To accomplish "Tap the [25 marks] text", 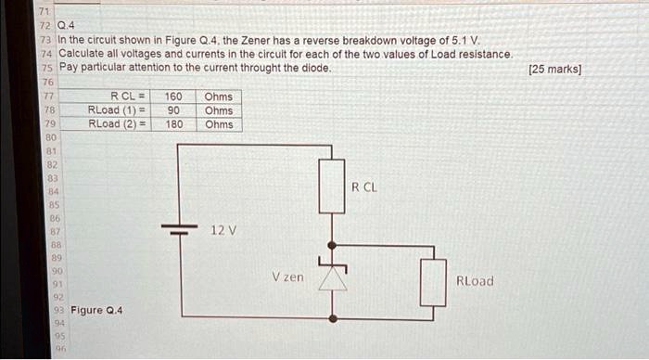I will (x=554, y=69).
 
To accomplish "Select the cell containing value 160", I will (x=173, y=96).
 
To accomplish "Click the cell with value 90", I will (x=173, y=110).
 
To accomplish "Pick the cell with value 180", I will (x=173, y=124).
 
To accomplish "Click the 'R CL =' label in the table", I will (x=129, y=96).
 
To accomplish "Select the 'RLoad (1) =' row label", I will (x=118, y=110).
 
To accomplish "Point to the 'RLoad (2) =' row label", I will (x=118, y=124).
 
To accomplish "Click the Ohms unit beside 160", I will (x=219, y=96).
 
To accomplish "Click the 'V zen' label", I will (x=287, y=277).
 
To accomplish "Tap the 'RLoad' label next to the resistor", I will (x=475, y=281).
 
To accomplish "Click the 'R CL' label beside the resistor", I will (x=364, y=187).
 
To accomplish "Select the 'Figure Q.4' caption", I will (x=97, y=310).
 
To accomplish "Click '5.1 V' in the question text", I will (x=472, y=41).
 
